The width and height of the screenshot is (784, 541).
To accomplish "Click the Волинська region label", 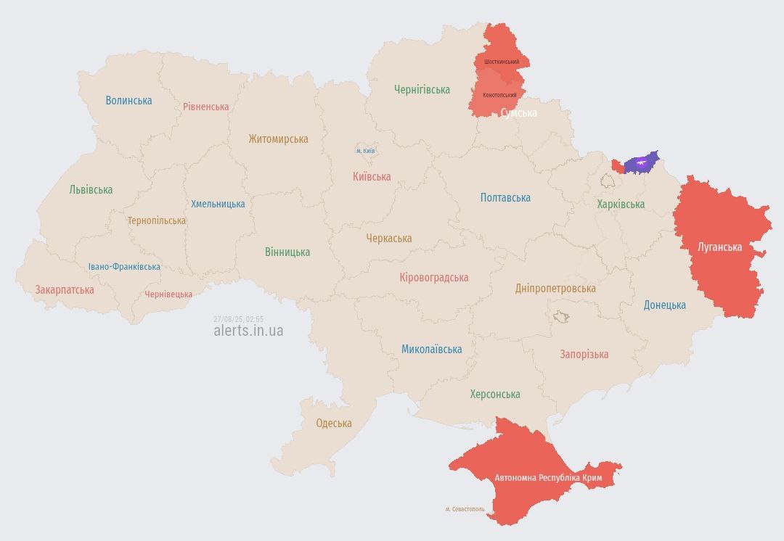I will point(128,101).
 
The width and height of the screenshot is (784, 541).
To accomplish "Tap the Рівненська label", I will point(205,107).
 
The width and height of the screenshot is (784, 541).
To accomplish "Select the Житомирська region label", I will point(278,139).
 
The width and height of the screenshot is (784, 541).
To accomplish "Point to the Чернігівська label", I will point(422,90).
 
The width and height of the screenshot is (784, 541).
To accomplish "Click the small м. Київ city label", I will point(365,151).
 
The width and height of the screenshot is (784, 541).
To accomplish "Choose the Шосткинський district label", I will point(502,62).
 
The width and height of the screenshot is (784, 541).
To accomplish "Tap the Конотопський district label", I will point(499,96).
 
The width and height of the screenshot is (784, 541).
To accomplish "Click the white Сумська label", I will point(519,113).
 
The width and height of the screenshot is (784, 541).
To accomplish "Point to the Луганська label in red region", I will point(719,247).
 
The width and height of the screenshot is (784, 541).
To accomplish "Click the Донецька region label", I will point(664,305).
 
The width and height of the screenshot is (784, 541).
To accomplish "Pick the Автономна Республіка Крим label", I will point(548,478).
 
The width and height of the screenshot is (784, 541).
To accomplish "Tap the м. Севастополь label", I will point(465,509).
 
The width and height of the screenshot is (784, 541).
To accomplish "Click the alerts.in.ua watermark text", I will point(248,331).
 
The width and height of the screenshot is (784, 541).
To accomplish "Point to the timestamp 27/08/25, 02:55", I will point(238,319).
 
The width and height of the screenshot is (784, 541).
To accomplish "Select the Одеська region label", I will point(334,424).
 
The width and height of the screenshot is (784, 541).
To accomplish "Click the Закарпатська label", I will point(65,290).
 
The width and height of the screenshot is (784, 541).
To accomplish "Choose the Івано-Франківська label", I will point(124,267).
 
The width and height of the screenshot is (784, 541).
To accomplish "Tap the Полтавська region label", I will point(505,197).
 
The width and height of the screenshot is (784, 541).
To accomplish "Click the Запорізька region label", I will point(584,355).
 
